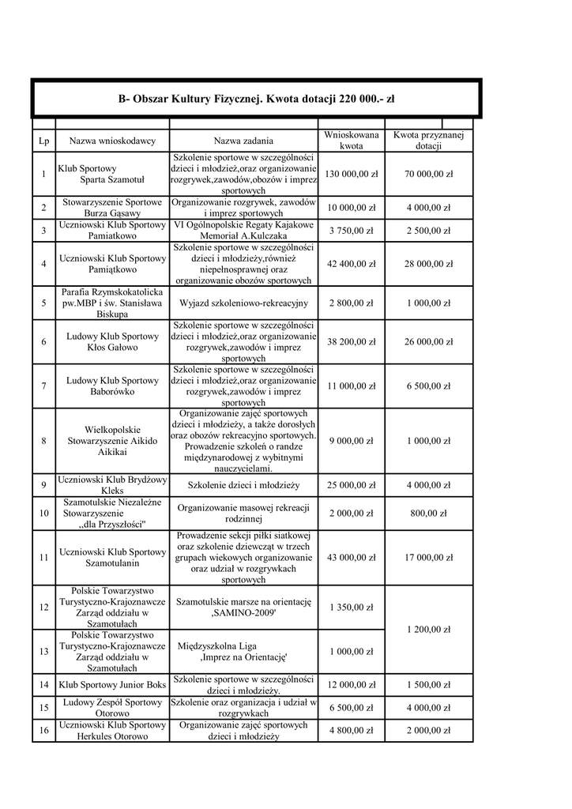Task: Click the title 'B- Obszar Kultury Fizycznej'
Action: coord(256,100)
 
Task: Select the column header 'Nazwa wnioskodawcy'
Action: coord(112,141)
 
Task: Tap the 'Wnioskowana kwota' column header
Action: coord(351,141)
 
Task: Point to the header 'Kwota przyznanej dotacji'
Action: coord(428,141)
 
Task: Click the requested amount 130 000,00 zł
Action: coord(351,174)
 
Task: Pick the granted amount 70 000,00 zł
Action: coord(428,174)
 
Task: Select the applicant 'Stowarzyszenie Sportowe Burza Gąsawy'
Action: coord(112,208)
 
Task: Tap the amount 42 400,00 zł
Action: coord(351,264)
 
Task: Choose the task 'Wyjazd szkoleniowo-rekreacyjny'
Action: coord(245,303)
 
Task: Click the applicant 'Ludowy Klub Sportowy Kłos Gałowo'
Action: coord(112,341)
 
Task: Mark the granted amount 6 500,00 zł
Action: coord(428,386)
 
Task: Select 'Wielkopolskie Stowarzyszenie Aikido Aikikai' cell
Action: coord(112,441)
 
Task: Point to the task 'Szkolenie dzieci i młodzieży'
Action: coord(245,485)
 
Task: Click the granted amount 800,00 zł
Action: coord(428,514)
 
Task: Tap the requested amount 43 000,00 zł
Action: coord(351,558)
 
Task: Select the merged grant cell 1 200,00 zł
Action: coord(428,630)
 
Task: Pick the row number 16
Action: coord(43,730)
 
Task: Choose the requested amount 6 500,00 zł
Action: coord(351,707)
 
